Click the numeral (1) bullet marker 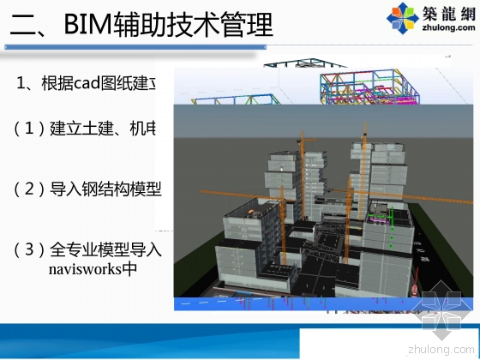[29, 129]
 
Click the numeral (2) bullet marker [29, 189]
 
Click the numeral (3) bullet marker [29, 249]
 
